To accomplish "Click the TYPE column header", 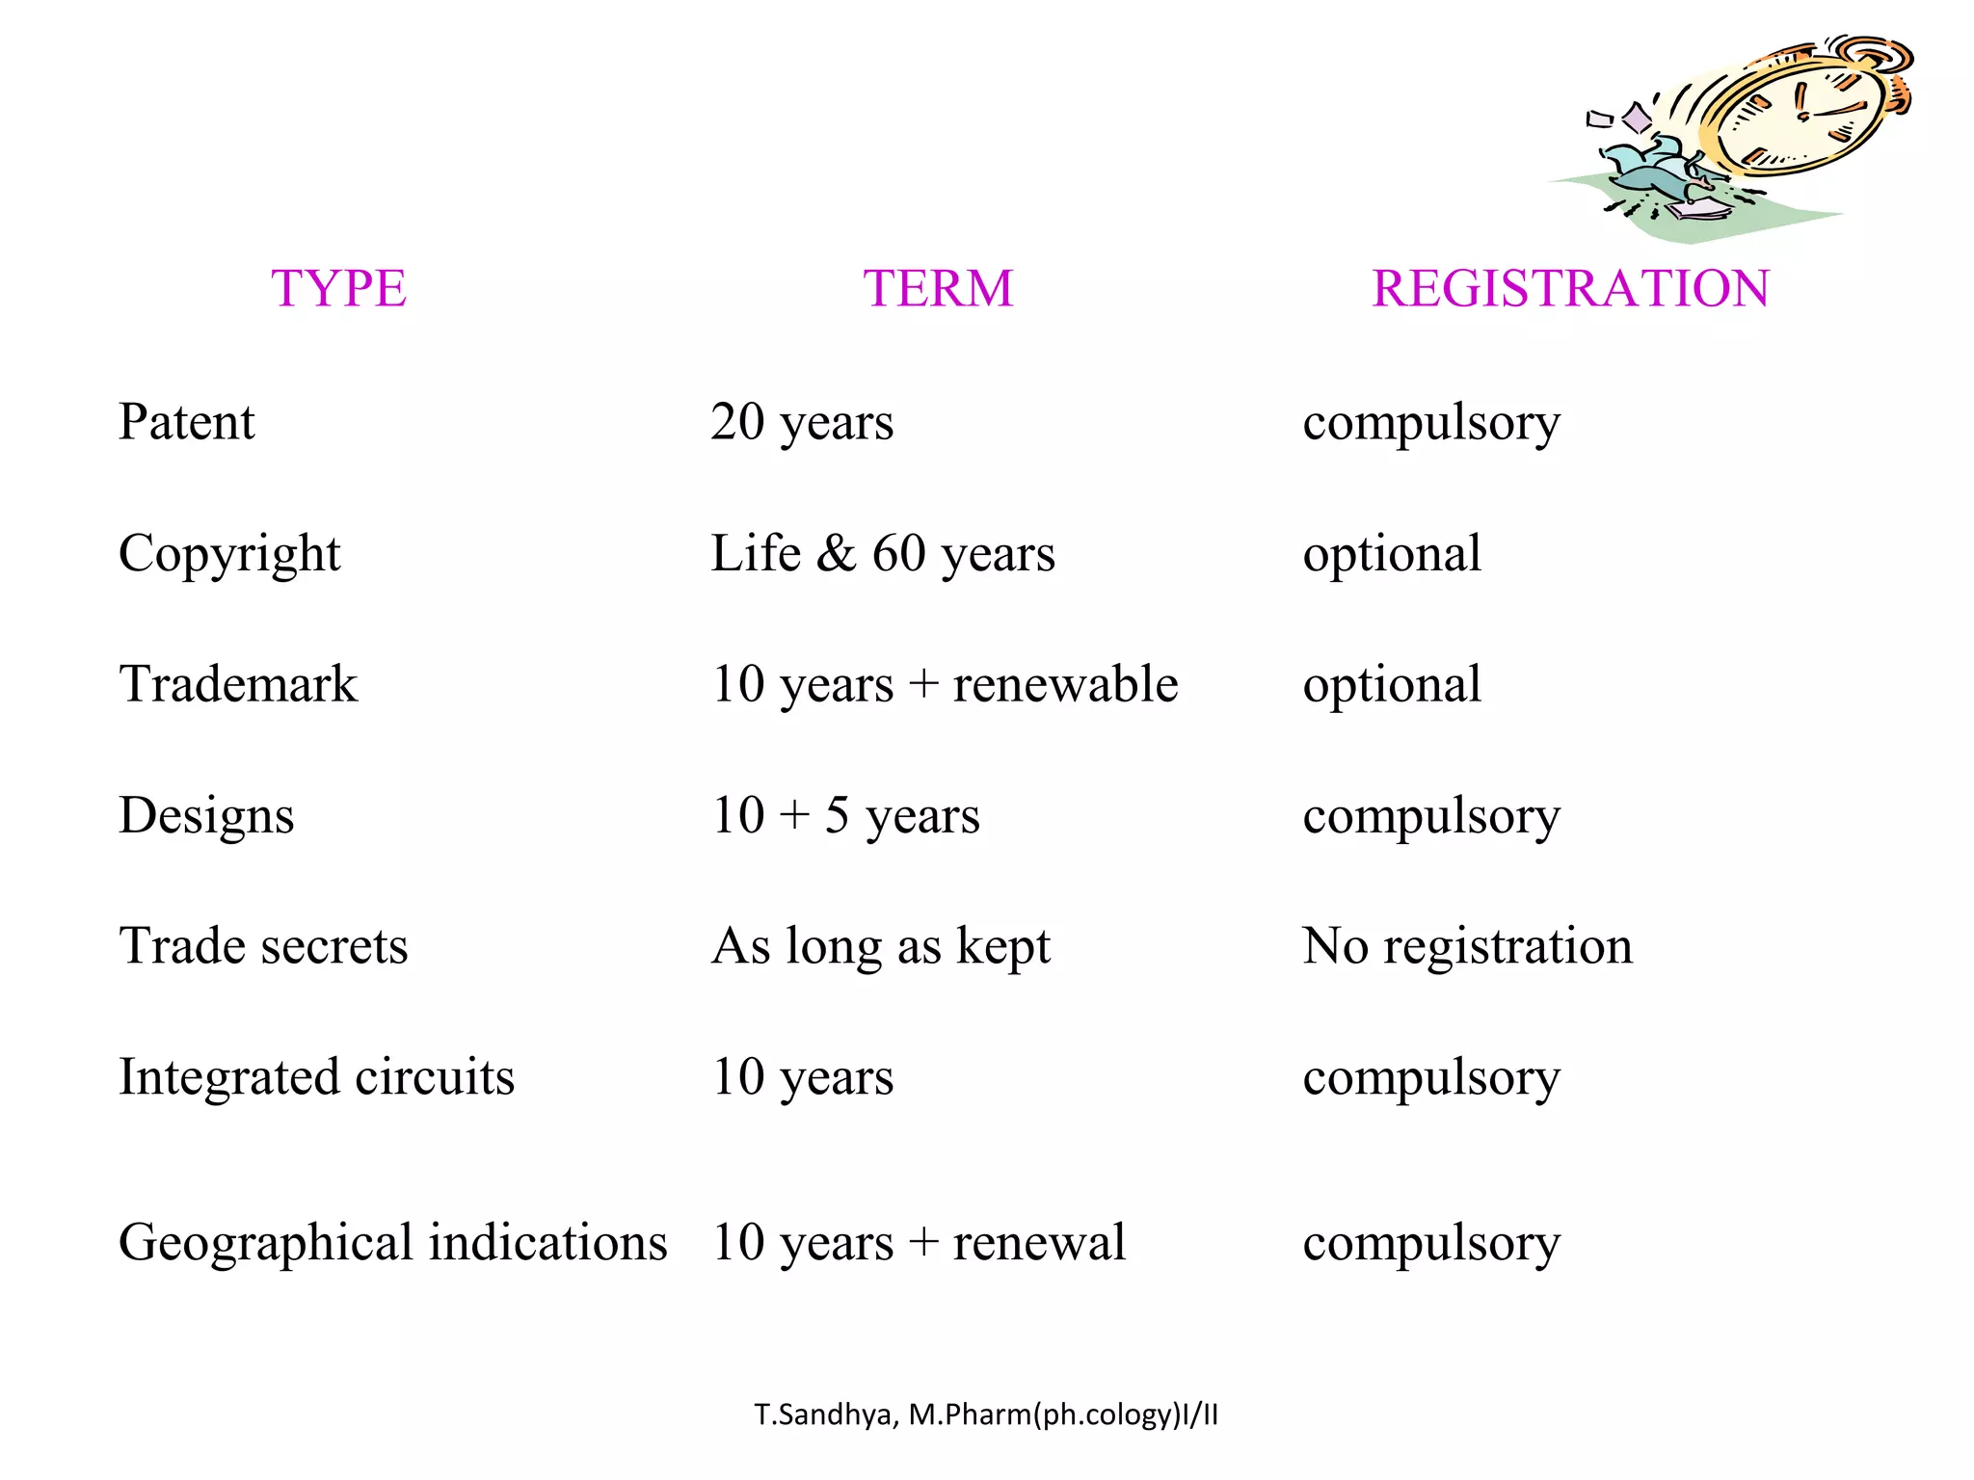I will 338,288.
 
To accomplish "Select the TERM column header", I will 938,288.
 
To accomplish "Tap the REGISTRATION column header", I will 1570,288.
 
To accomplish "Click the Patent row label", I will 186,421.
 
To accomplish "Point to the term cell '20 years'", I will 802,422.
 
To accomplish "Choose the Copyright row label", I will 229,553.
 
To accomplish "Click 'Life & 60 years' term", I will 883,553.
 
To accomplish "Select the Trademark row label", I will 238,684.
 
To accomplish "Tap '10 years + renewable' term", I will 945,684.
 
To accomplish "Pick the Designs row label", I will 206,815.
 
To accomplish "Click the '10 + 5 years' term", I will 845,815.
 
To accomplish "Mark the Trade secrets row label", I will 263,945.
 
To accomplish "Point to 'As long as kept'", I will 880,945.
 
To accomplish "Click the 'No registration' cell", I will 1467,945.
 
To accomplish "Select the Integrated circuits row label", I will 316,1076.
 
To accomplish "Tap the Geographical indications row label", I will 392,1242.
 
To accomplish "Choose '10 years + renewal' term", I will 919,1242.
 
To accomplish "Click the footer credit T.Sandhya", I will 986,1414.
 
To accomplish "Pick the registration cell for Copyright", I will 1392,553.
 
